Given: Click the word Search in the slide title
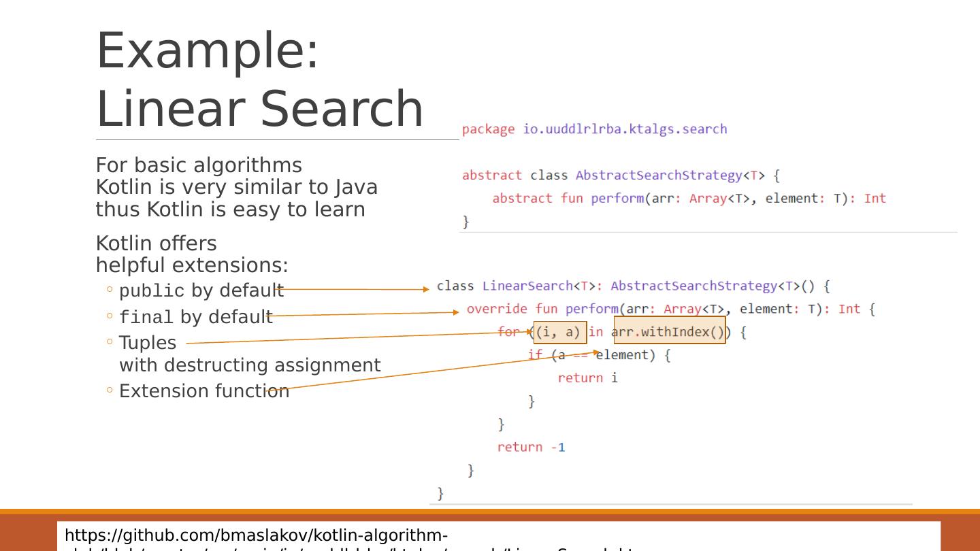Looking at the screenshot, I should (342, 109).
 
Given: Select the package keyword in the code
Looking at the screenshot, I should (488, 129).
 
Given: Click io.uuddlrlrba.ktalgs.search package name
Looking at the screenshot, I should (625, 129).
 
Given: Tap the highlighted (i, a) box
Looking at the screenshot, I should (559, 333).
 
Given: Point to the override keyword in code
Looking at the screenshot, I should (496, 309).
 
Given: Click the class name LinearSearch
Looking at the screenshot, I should (527, 286).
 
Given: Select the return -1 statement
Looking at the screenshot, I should (531, 447).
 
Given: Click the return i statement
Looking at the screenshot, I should (587, 378).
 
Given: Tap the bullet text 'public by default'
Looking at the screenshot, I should (201, 290).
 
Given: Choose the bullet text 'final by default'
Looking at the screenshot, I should (195, 317).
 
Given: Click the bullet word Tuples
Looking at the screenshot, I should (147, 343).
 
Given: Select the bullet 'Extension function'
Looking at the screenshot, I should (204, 391).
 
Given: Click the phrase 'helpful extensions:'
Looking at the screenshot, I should (192, 265).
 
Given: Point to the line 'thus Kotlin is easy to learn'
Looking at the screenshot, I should (230, 210).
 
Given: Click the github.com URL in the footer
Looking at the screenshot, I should (256, 535).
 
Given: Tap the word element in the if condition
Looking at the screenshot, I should (625, 355).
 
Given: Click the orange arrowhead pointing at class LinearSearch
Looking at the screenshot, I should (425, 289).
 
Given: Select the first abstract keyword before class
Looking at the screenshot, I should (491, 176).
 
